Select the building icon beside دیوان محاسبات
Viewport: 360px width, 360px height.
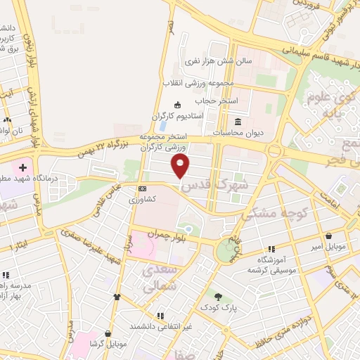237,120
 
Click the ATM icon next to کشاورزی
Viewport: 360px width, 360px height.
142,189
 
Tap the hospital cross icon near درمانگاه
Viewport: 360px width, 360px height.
23,168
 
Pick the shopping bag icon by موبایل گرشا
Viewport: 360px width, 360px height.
108,333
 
